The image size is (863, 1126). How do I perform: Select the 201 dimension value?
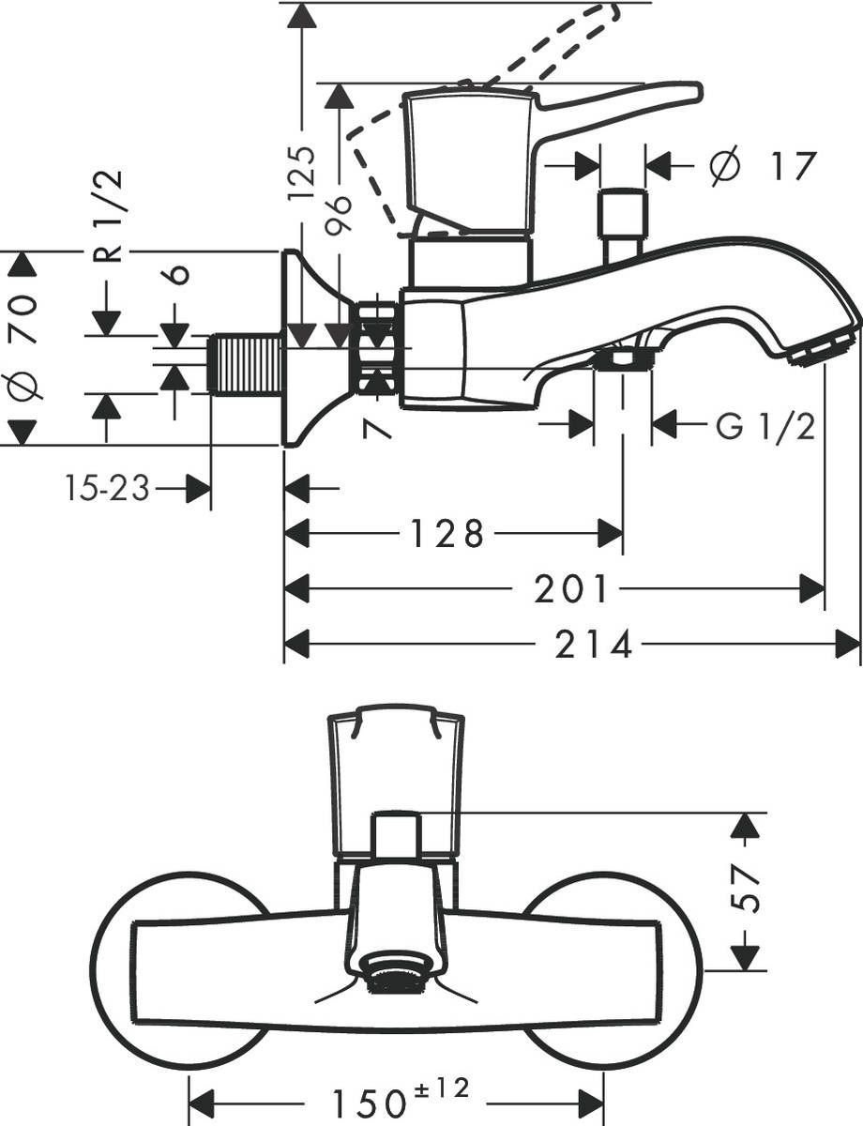571,589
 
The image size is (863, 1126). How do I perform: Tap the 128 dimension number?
447,534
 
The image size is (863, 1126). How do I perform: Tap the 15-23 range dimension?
108,488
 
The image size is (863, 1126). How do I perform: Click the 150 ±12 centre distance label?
398,1099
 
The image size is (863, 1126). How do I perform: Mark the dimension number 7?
377,427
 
